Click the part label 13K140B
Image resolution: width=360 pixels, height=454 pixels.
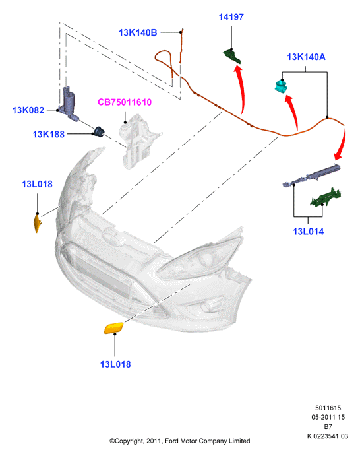(138, 32)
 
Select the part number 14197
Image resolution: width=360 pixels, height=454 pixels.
(231, 17)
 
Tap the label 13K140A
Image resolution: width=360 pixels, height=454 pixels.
(306, 57)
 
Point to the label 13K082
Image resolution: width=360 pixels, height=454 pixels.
(28, 110)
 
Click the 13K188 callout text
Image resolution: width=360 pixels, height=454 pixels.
(48, 135)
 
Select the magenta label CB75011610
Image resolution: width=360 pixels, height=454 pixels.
(125, 102)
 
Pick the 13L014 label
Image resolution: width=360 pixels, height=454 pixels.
(308, 232)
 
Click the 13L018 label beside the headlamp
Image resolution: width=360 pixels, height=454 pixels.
(37, 184)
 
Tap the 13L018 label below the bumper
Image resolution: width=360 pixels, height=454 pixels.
(115, 364)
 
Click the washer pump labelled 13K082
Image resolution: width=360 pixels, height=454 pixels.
(69, 102)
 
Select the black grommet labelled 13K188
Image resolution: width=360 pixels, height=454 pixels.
(98, 132)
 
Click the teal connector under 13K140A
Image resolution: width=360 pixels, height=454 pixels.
(281, 86)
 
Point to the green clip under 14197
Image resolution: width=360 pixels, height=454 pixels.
(232, 56)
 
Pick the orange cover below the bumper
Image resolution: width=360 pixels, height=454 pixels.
(113, 329)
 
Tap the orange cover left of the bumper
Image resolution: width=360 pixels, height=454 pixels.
(38, 224)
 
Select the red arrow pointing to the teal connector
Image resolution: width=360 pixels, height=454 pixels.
(293, 112)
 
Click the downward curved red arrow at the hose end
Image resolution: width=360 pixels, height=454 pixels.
(342, 145)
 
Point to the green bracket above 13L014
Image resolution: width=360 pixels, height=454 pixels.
(326, 197)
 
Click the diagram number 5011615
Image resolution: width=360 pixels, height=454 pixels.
(328, 408)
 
